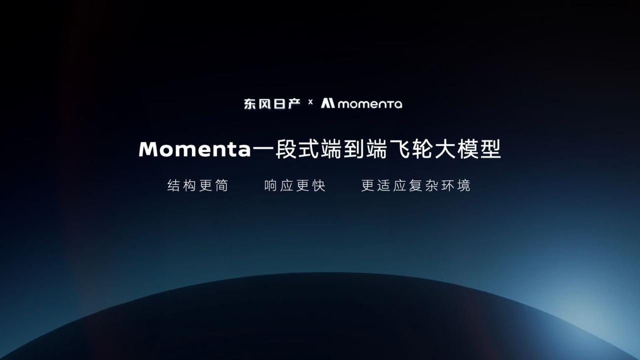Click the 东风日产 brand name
(x=272, y=103)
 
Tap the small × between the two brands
(x=310, y=102)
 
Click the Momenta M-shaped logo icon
(x=327, y=103)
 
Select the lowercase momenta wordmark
(x=370, y=104)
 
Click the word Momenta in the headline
(x=194, y=149)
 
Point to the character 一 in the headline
(x=263, y=149)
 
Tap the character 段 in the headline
(x=285, y=149)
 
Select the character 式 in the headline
(x=308, y=149)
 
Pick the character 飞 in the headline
(x=399, y=149)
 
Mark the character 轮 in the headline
(x=422, y=149)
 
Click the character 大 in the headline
(x=445, y=149)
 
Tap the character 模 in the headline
(x=468, y=149)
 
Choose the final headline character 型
(x=490, y=149)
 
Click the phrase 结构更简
(x=197, y=185)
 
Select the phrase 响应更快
(x=295, y=185)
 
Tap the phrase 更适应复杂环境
(x=415, y=185)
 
